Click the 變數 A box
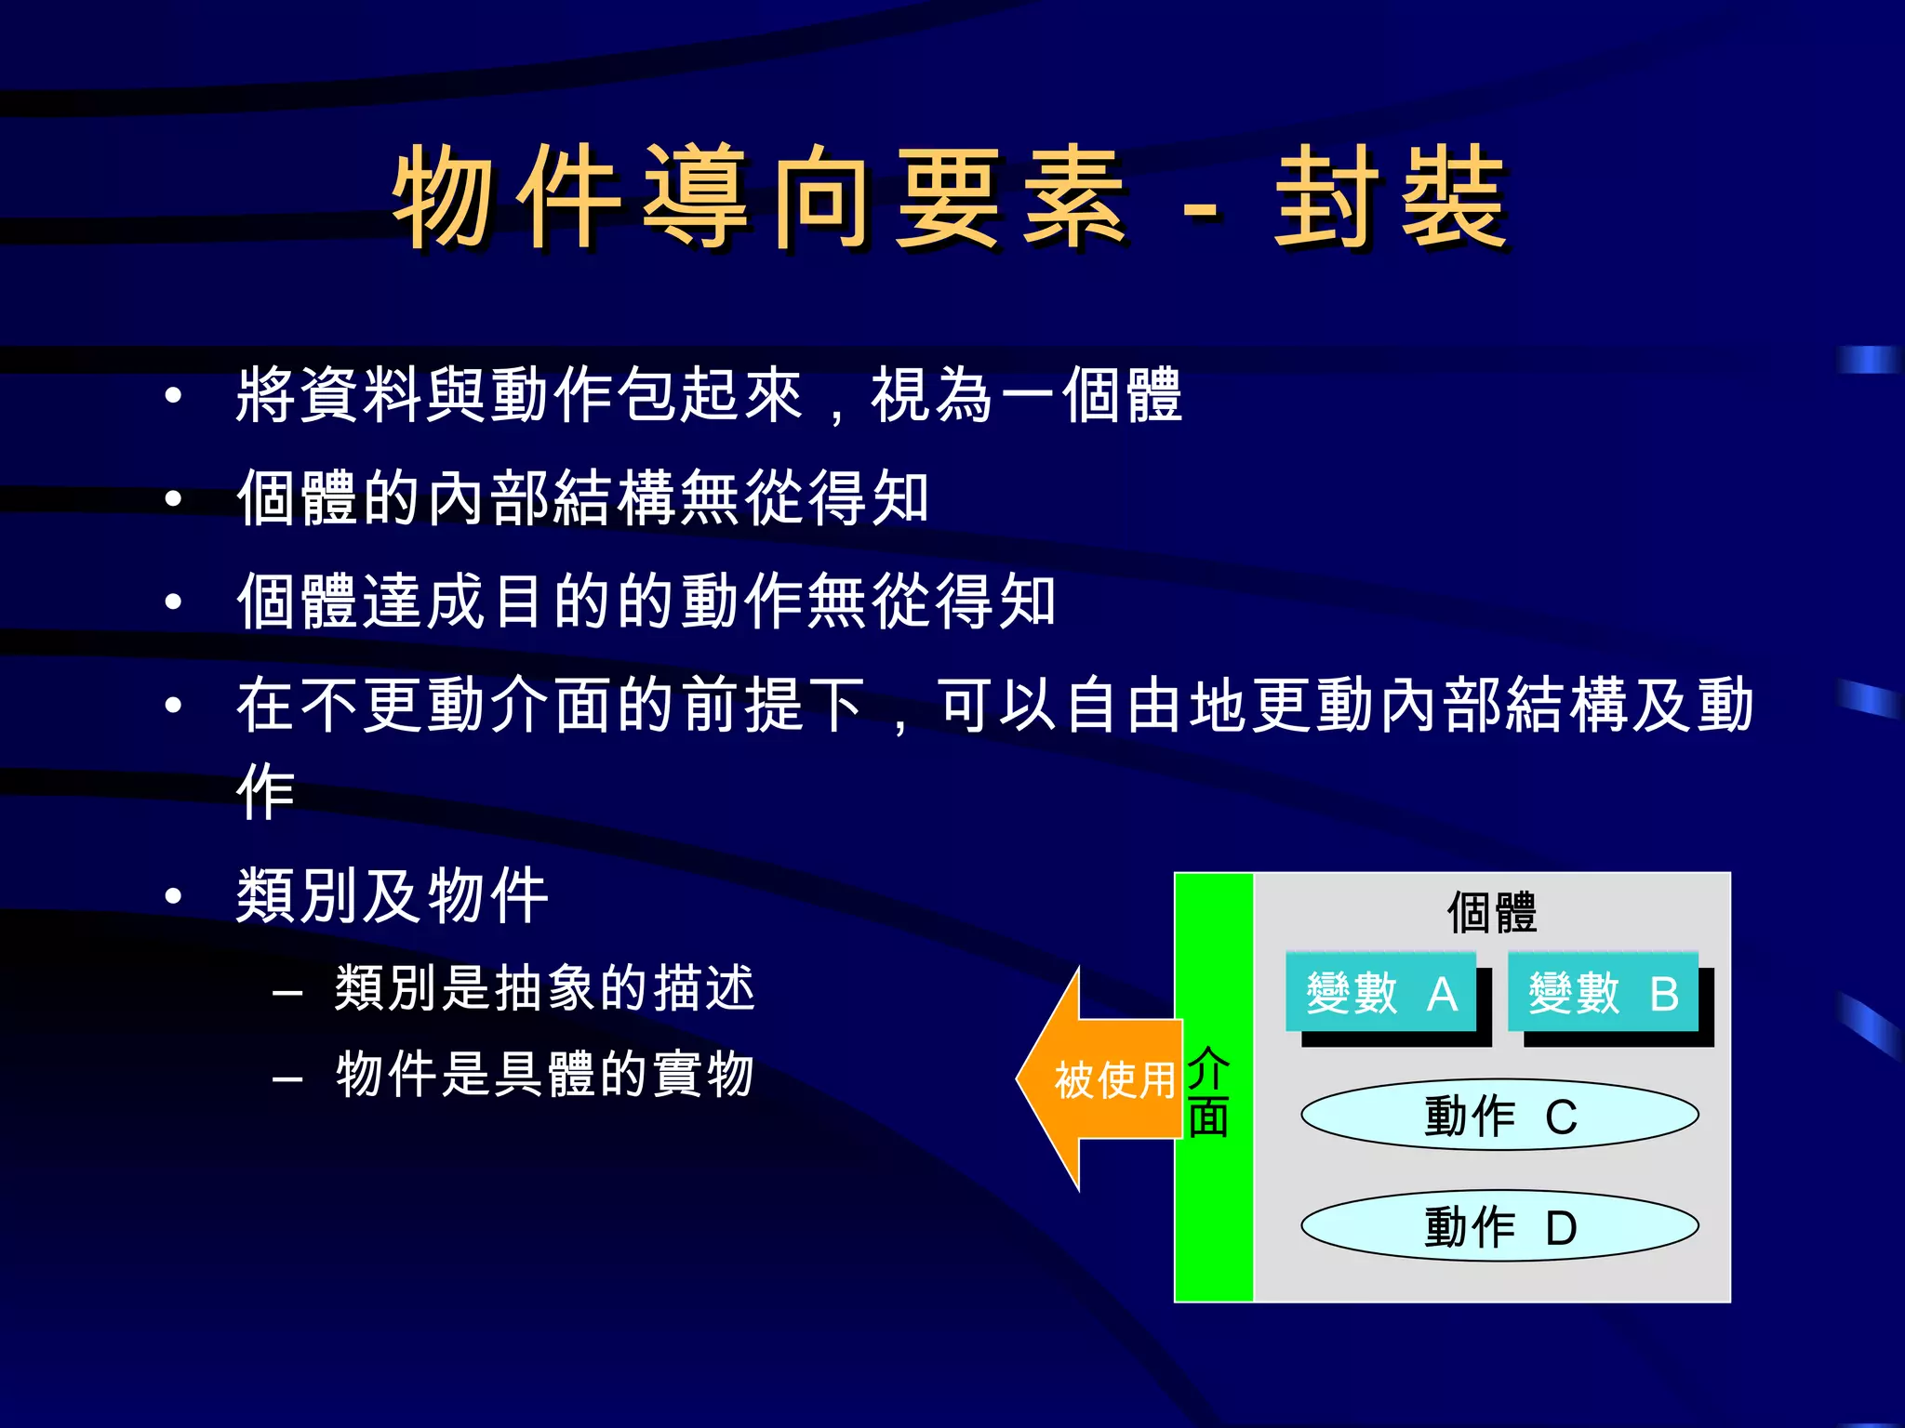click(1380, 993)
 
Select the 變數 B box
click(1603, 993)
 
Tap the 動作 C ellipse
click(1499, 1116)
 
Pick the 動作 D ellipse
click(1499, 1226)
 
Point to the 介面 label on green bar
click(1208, 1092)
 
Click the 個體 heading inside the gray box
click(1491, 912)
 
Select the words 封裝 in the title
click(1390, 198)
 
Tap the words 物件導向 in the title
click(633, 198)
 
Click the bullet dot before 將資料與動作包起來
click(173, 396)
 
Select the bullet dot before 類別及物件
click(173, 896)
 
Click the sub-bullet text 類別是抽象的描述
click(544, 987)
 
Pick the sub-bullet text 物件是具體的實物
click(544, 1074)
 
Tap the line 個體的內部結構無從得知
click(582, 497)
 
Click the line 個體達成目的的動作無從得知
click(646, 601)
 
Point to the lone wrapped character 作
click(266, 792)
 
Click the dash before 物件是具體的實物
click(287, 1079)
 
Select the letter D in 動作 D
click(1561, 1228)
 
